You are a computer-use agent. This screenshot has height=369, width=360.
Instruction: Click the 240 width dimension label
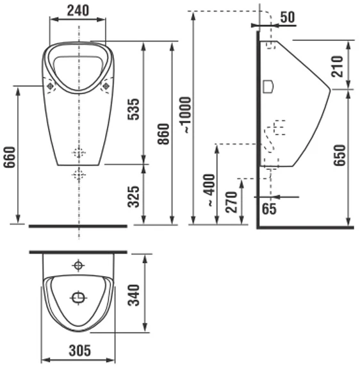(78, 11)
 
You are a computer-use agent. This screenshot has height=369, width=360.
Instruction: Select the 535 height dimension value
(134, 110)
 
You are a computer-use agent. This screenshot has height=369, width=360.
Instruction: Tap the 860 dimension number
(163, 134)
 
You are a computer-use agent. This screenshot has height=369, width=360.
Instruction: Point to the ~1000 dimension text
(186, 115)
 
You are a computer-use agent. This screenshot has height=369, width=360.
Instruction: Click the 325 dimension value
(134, 197)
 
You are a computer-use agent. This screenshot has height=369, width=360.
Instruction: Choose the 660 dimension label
(10, 157)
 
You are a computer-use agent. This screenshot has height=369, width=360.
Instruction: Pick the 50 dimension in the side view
(288, 17)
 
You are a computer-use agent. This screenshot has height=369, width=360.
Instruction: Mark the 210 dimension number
(337, 67)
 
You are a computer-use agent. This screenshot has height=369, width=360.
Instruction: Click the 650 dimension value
(340, 156)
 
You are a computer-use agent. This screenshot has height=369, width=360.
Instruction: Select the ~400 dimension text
(209, 190)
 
